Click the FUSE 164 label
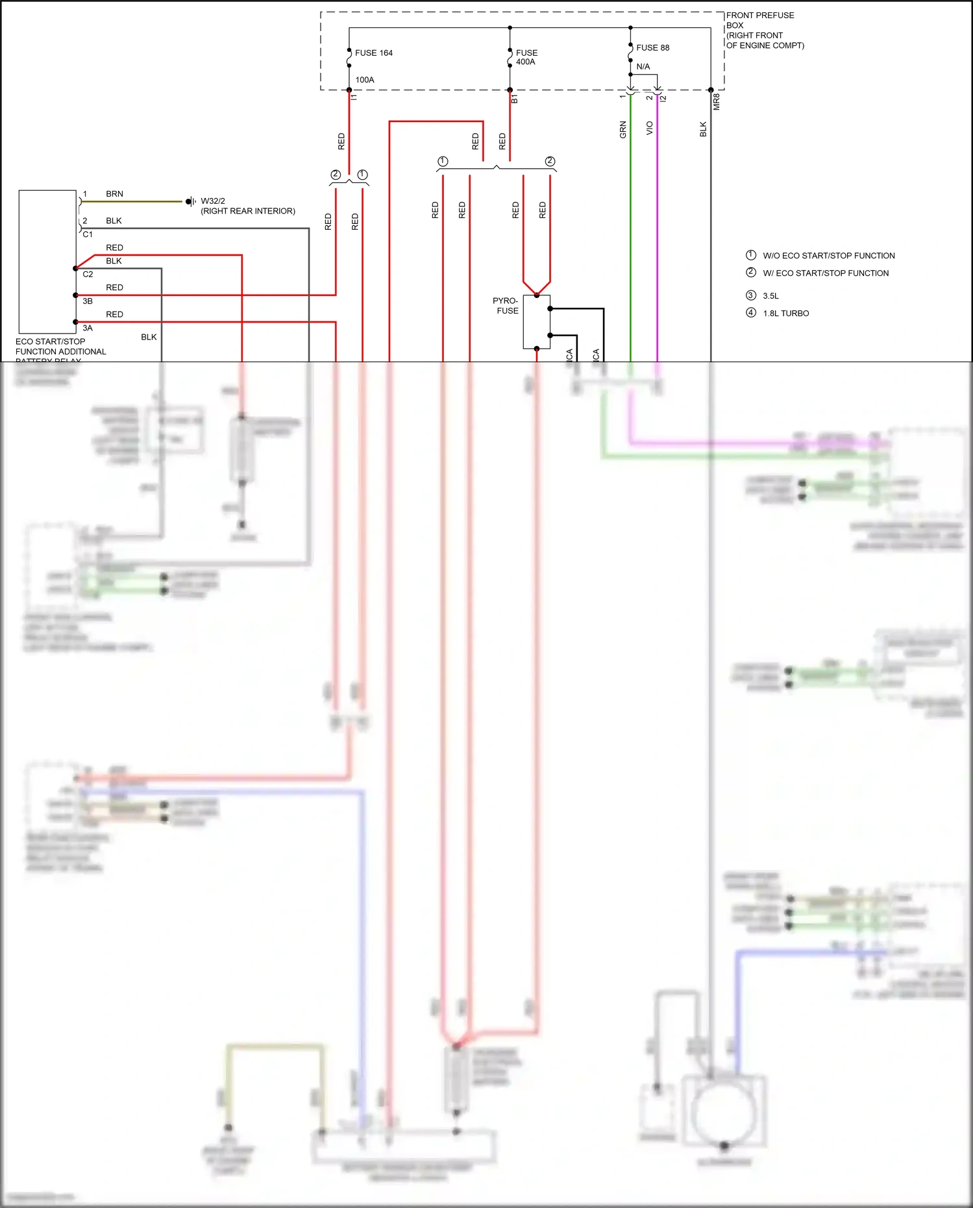point(373,53)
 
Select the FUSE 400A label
point(526,57)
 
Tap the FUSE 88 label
point(652,48)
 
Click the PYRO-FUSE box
point(536,322)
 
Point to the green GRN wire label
point(623,130)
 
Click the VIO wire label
point(650,129)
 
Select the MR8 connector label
point(717,102)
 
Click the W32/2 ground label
point(213,201)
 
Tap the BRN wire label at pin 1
point(114,194)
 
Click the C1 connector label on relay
point(88,234)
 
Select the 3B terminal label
point(88,301)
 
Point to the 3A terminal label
point(88,328)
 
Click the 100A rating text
point(365,80)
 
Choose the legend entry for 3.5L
point(770,296)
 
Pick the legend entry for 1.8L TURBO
point(785,314)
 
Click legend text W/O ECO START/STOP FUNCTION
point(828,256)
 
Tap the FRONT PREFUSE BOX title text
point(759,20)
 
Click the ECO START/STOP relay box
point(47,262)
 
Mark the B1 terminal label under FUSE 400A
point(515,99)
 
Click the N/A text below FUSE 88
point(643,67)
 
